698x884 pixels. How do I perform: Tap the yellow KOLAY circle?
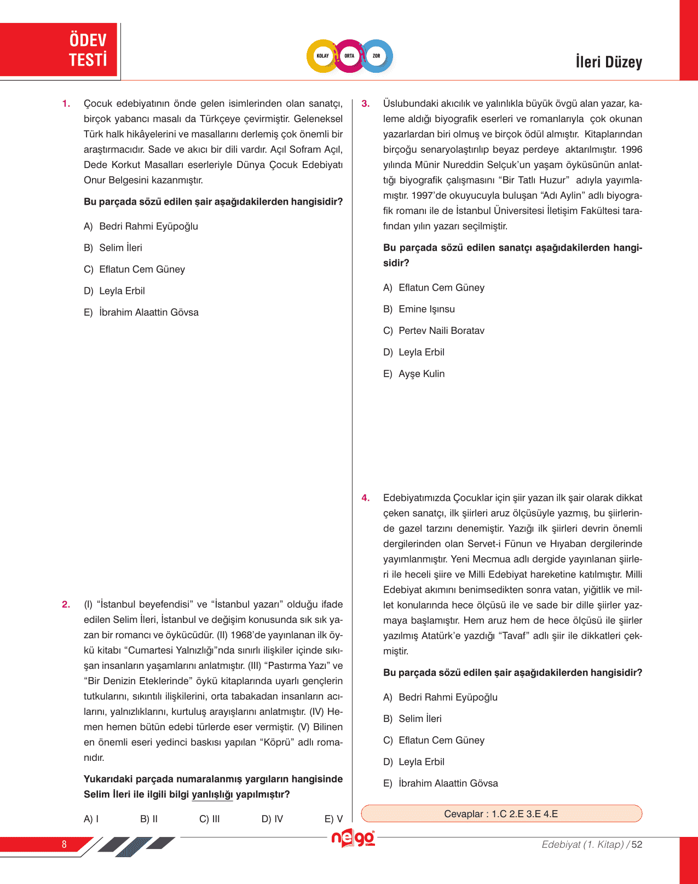(x=323, y=56)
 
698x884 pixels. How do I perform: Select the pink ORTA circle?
(x=349, y=56)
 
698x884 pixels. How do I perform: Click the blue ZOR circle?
(x=377, y=56)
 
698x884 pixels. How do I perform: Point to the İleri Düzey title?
(x=609, y=62)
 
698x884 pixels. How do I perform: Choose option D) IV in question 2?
(x=272, y=819)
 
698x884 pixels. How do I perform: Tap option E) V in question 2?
(x=333, y=819)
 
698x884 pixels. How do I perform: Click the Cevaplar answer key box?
(x=501, y=813)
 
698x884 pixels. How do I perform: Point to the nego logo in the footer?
(x=353, y=838)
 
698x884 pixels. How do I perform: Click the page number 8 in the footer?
(x=64, y=844)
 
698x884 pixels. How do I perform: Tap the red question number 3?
(x=366, y=103)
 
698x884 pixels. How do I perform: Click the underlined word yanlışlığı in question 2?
(x=212, y=795)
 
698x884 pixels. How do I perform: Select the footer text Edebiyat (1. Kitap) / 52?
(x=592, y=845)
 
